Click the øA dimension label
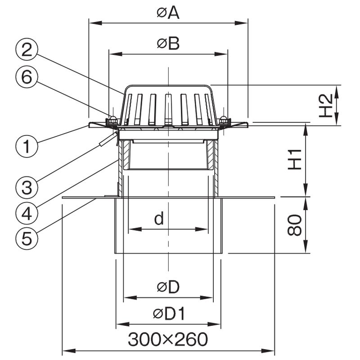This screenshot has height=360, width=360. [168, 13]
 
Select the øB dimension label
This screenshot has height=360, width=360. [168, 44]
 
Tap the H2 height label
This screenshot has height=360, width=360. [326, 106]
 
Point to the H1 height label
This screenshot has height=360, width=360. [295, 160]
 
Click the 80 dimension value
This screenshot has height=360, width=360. [295, 225]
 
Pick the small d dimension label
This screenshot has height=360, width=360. [159, 218]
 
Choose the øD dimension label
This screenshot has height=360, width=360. [168, 287]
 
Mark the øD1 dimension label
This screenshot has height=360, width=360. [169, 314]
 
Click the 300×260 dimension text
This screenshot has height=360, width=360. [168, 340]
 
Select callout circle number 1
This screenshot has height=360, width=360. [27, 146]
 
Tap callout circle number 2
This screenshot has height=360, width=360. [27, 49]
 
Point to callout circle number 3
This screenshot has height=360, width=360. [27, 188]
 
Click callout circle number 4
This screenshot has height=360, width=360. [27, 214]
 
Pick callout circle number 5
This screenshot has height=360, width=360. [27, 239]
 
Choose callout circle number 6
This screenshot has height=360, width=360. [27, 77]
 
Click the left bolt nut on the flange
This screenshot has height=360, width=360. [112, 120]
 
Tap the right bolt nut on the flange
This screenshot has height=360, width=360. [223, 120]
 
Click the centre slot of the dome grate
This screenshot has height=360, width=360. [168, 109]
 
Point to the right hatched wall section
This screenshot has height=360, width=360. [210, 155]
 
